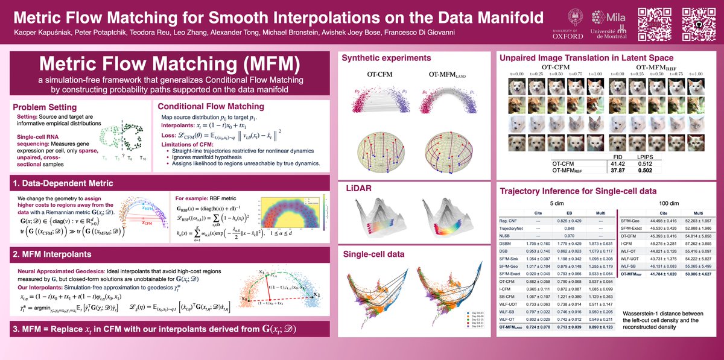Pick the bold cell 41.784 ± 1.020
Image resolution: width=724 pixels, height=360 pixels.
tap(663, 274)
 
